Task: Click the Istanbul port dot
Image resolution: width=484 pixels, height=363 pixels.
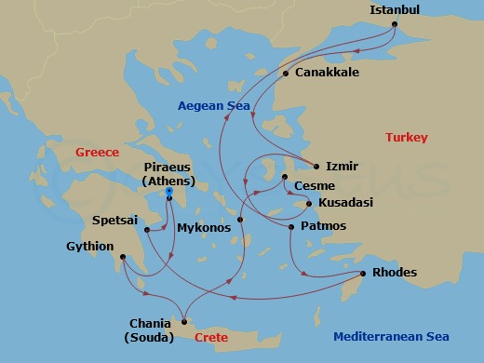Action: (395, 24)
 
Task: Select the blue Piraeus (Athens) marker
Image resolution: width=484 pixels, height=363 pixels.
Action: (169, 193)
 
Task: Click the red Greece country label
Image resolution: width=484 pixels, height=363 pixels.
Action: (98, 152)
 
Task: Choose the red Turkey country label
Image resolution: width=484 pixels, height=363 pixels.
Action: (407, 138)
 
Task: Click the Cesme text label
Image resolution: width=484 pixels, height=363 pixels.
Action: (314, 186)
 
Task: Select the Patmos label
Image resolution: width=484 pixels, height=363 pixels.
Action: (324, 226)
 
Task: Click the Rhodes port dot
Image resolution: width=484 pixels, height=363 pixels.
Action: (362, 273)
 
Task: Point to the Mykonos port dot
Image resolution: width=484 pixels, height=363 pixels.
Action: (240, 220)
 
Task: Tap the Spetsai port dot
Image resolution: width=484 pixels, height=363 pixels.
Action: (147, 228)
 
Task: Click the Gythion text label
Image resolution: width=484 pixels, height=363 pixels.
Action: (90, 247)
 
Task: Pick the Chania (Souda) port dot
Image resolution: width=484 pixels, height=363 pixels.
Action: (184, 321)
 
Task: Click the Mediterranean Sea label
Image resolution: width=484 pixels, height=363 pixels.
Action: (391, 337)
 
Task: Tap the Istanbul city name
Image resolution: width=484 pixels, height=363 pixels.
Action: (395, 10)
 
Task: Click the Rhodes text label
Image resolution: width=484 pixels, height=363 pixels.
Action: (394, 273)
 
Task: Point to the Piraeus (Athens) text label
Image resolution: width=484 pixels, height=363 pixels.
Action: (169, 174)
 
